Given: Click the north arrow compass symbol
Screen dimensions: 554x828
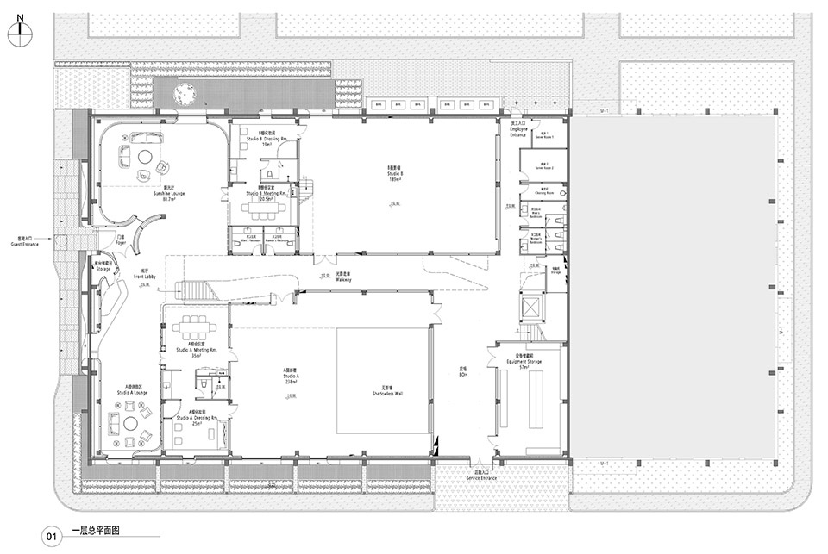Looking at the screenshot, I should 22,32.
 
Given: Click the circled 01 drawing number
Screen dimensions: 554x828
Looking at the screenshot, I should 51,536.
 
